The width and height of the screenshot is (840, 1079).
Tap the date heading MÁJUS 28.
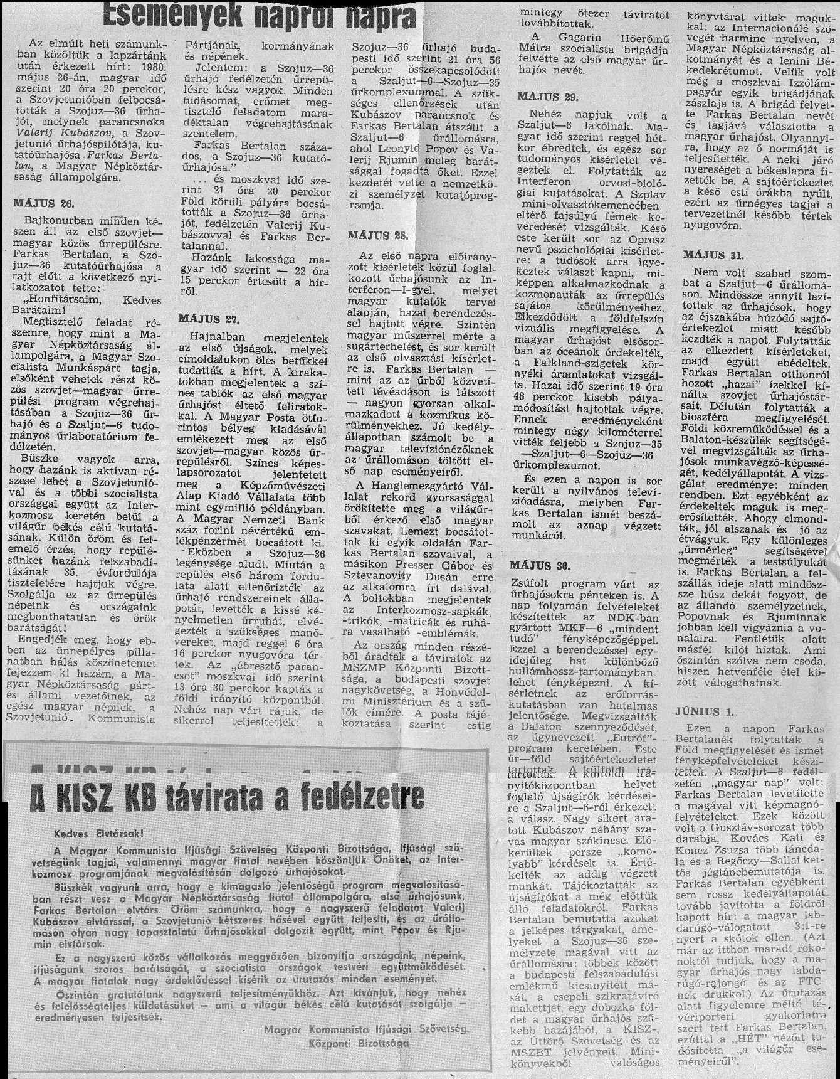[378, 236]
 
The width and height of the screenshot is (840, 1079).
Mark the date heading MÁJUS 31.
[713, 255]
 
